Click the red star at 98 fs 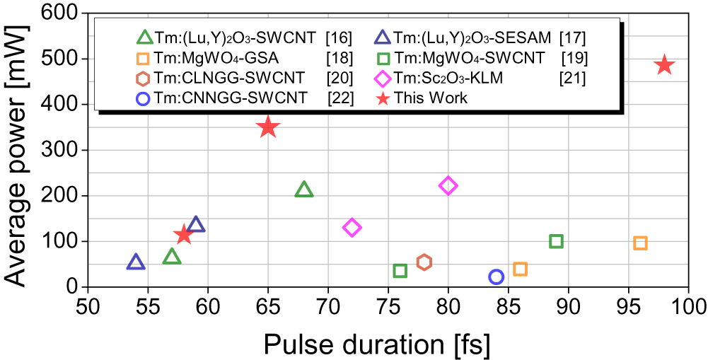pos(663,65)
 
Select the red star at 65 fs pos(267,127)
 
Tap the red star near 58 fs pos(184,234)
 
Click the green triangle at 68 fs pos(304,190)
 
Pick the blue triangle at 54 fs pos(136,262)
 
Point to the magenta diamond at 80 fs pos(448,186)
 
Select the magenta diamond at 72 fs pos(352,227)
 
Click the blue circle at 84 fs pos(496,277)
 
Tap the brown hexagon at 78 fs pos(424,262)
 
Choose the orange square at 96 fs pos(640,243)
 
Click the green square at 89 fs pos(556,241)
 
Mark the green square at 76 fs pos(400,271)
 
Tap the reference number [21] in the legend pos(571,78)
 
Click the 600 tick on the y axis pos(62,13)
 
